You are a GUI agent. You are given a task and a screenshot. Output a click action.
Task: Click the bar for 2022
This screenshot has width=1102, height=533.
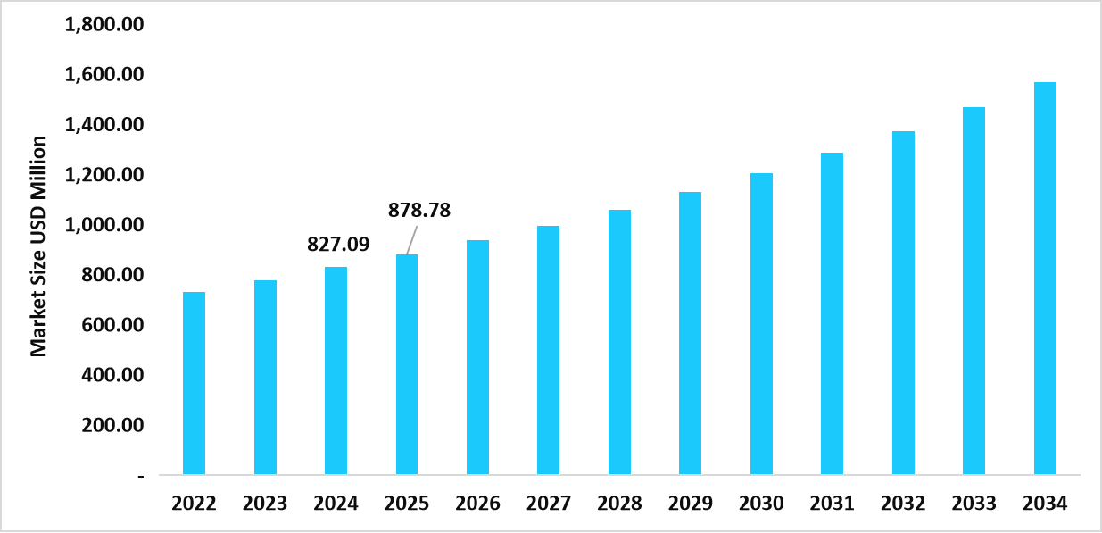[194, 383]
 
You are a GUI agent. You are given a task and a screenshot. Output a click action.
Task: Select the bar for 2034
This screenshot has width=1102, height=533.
[1045, 278]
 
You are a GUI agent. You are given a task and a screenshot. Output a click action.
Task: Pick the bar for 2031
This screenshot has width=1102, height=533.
[832, 313]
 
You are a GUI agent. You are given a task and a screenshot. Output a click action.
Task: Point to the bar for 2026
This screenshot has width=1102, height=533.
[477, 357]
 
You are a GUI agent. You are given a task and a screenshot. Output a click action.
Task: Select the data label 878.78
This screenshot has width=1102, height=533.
[418, 212]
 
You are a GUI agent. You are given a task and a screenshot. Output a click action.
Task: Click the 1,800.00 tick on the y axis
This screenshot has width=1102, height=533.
[104, 24]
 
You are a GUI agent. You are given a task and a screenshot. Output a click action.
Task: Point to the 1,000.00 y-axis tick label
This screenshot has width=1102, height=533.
[104, 225]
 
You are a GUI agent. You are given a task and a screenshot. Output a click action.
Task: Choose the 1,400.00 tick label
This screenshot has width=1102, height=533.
[104, 125]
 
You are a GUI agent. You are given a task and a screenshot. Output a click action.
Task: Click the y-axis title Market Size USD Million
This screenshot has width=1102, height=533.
[38, 246]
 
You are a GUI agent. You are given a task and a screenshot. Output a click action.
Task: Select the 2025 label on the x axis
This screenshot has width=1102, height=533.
[407, 504]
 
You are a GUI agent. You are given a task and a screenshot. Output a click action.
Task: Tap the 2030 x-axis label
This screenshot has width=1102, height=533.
[761, 504]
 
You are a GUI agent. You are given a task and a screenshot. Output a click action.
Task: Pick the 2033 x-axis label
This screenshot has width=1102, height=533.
[974, 504]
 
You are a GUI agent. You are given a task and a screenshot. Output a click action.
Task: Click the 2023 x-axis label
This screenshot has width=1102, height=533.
[265, 504]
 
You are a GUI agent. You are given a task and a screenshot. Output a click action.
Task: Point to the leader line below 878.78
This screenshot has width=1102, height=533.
[412, 241]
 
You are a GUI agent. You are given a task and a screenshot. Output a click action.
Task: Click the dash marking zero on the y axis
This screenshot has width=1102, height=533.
[140, 477]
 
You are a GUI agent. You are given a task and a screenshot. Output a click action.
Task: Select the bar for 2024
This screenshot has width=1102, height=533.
[336, 371]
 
